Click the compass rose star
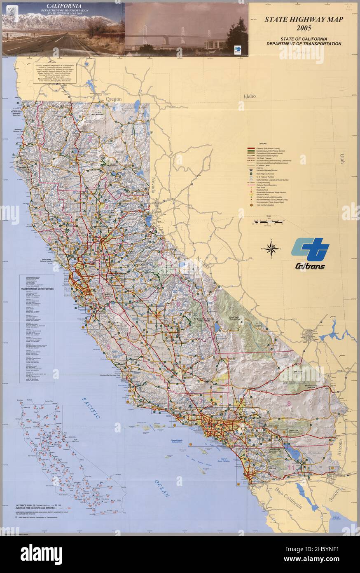coord(271,248)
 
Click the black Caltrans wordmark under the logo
coord(310,266)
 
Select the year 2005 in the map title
coord(304,28)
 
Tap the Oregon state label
coord(114,99)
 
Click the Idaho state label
coord(249,96)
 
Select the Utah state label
coord(342,159)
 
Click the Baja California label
coord(289,498)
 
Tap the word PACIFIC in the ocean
coord(91,408)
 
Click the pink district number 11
coord(291,467)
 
